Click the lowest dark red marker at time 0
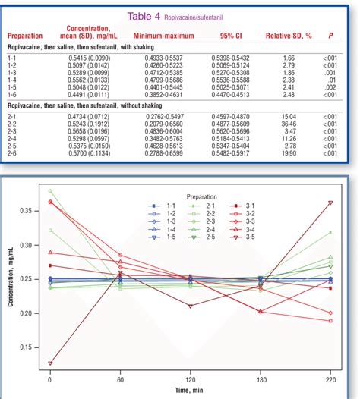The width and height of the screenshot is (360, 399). (50, 363)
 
